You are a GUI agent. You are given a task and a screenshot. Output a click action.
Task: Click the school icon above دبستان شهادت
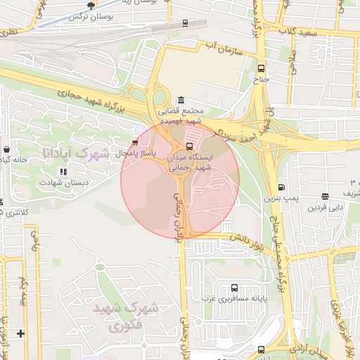tap(63, 171)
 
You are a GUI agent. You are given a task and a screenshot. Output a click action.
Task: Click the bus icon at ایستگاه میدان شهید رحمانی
tap(188, 146)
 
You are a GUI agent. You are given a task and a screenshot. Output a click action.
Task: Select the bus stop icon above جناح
tap(262, 69)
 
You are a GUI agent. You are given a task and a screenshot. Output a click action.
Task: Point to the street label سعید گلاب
tap(300, 32)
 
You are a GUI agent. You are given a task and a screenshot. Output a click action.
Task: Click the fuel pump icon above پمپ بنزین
tap(282, 187)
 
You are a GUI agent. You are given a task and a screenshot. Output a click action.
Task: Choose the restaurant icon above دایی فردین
tap(325, 197)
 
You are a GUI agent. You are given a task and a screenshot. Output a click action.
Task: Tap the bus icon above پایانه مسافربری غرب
tap(234, 288)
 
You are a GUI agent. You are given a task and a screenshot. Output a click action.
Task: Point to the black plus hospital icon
tap(20, 333)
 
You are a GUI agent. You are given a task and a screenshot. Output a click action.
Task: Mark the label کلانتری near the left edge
tap(15, 212)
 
